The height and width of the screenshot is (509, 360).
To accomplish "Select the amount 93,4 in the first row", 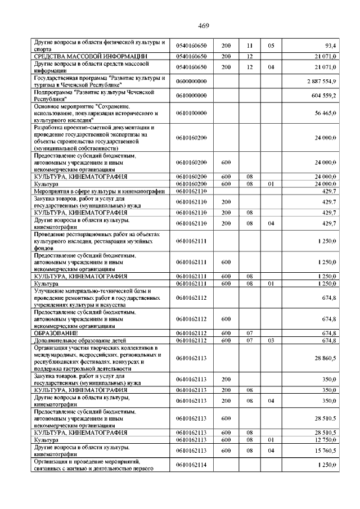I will [330, 46].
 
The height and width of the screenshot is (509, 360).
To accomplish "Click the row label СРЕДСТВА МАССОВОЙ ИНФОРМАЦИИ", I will [91, 56].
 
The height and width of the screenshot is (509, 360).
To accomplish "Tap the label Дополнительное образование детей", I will [79, 340].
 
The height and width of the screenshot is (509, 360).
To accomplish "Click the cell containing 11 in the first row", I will [250, 46].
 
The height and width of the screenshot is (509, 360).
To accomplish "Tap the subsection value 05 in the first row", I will [271, 46].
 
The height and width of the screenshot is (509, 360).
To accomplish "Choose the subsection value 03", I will [271, 340].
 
